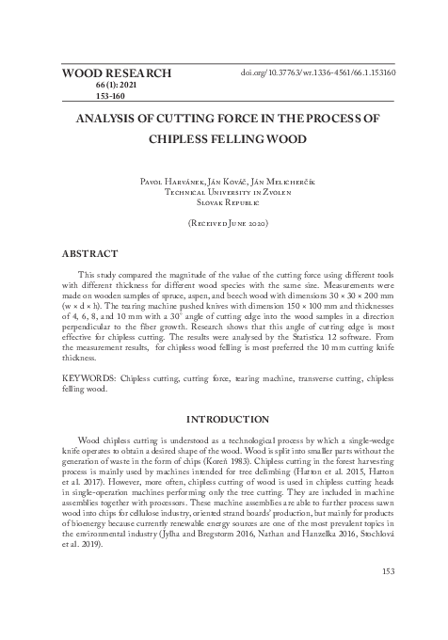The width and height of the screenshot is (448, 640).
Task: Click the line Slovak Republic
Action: pyautogui.click(x=223, y=201)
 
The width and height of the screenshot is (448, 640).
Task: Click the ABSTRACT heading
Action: pyautogui.click(x=89, y=253)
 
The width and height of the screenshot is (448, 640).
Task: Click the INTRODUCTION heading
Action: pyautogui.click(x=223, y=418)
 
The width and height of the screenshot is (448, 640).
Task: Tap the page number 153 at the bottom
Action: pyautogui.click(x=389, y=569)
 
